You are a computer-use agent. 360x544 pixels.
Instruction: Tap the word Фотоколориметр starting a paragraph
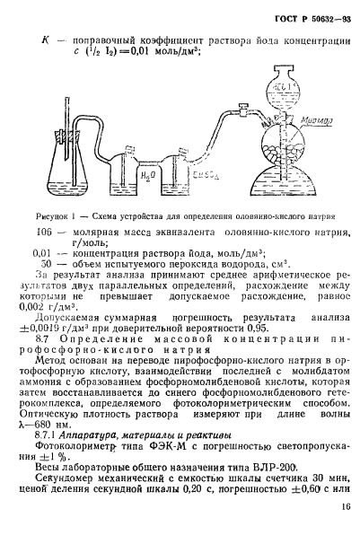click(x=79, y=444)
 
